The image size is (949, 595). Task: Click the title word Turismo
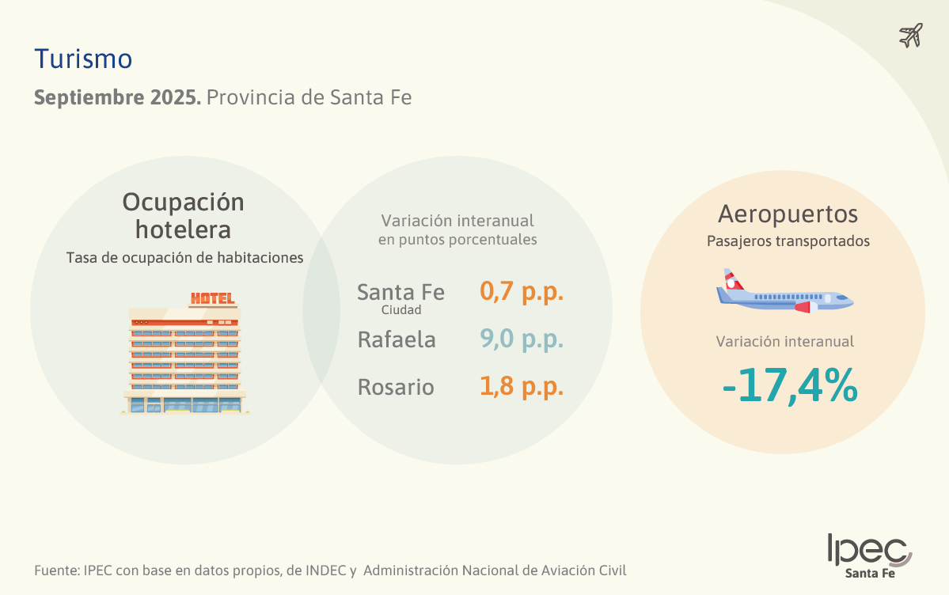click(83, 59)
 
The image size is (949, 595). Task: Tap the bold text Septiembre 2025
click(117, 98)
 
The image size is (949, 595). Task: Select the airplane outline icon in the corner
click(911, 36)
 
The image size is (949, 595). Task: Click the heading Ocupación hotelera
click(183, 215)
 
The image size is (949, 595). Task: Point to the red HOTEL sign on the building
click(212, 298)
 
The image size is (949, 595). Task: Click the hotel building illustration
click(184, 360)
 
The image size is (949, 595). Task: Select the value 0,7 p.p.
click(522, 291)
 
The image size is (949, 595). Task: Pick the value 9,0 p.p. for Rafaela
click(522, 339)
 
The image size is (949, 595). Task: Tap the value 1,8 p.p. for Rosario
click(522, 387)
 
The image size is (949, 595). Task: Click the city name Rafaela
click(397, 340)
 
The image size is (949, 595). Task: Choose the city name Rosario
click(396, 388)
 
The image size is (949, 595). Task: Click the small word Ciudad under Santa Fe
click(401, 310)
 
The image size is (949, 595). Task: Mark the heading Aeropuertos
click(788, 214)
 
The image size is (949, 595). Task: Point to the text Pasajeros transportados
click(788, 241)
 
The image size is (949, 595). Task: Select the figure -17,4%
click(790, 386)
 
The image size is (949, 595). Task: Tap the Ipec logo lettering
click(868, 548)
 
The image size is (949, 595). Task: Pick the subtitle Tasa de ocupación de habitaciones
click(184, 258)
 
